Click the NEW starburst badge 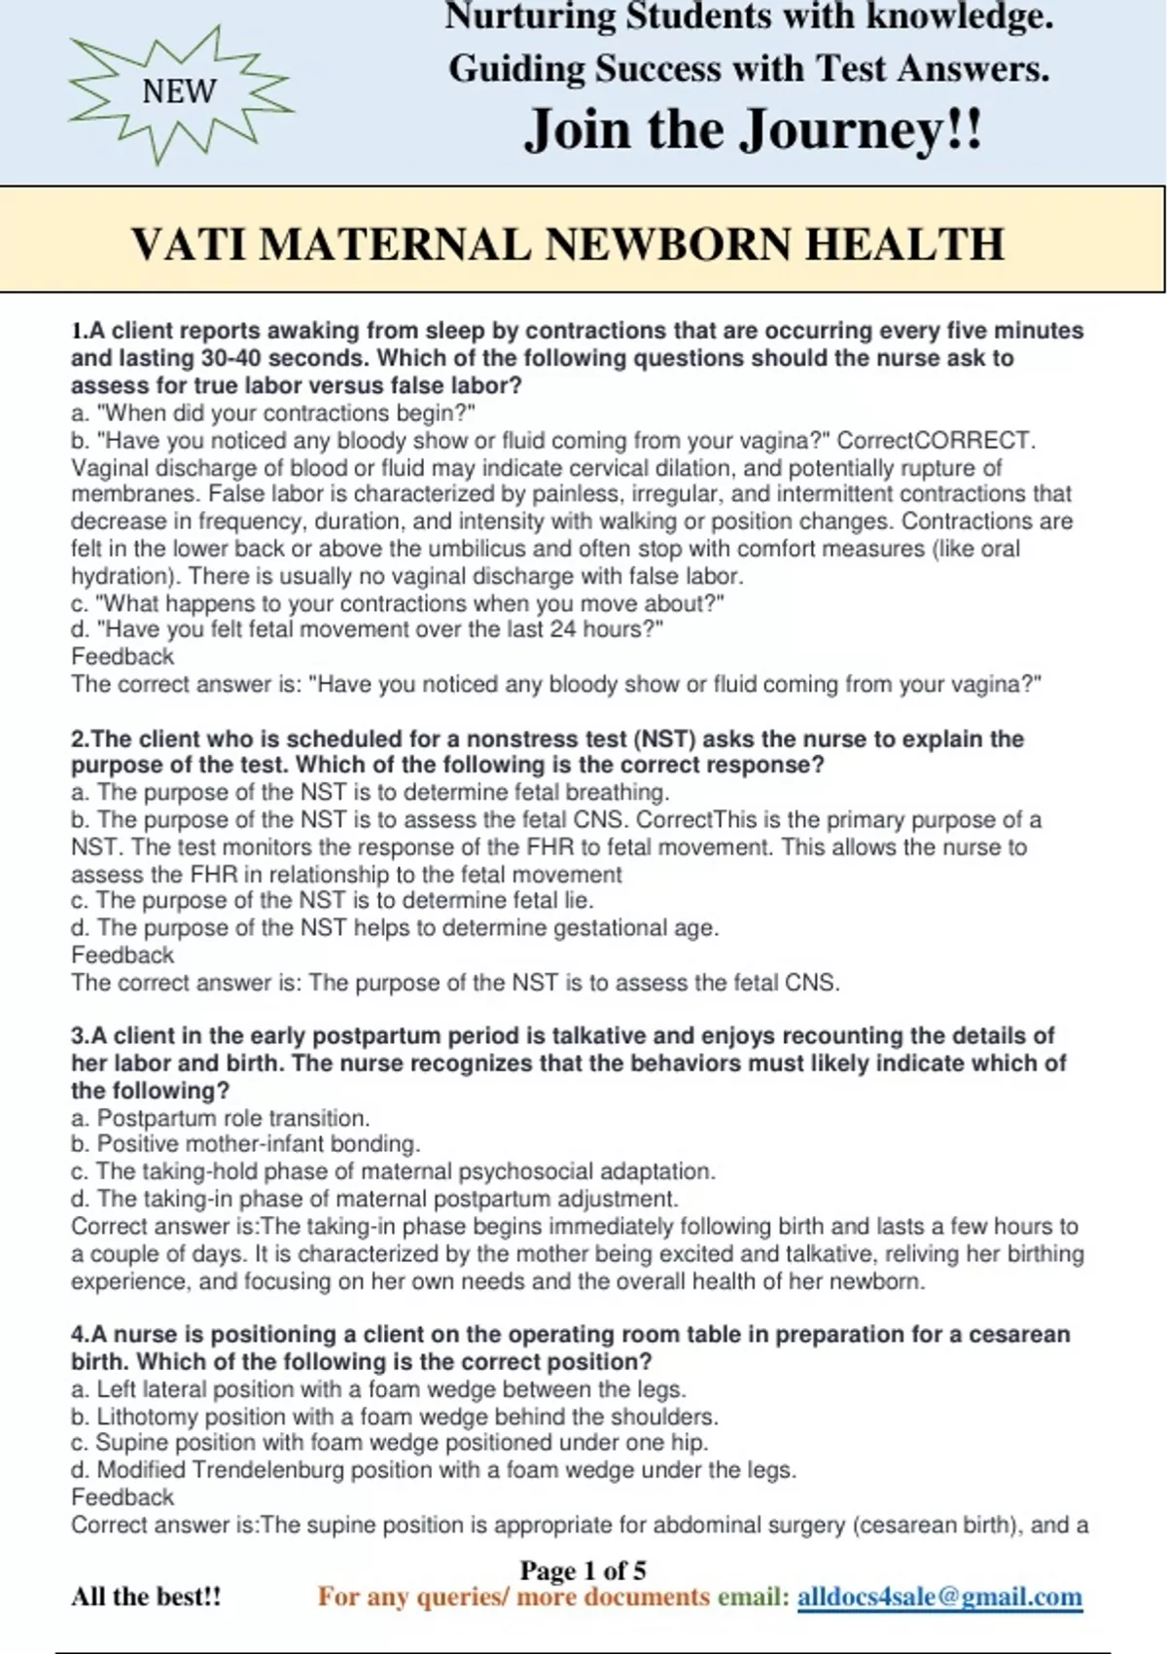[x=180, y=92]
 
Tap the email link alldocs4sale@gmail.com [x=939, y=1597]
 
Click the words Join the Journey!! [x=754, y=129]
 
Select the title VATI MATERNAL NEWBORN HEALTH [x=568, y=243]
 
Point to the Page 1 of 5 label [x=583, y=1569]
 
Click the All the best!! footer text [x=146, y=1597]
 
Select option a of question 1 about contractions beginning [x=273, y=413]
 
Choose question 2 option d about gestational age [x=395, y=927]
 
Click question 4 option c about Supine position [x=389, y=1442]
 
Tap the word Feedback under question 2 [x=123, y=954]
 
